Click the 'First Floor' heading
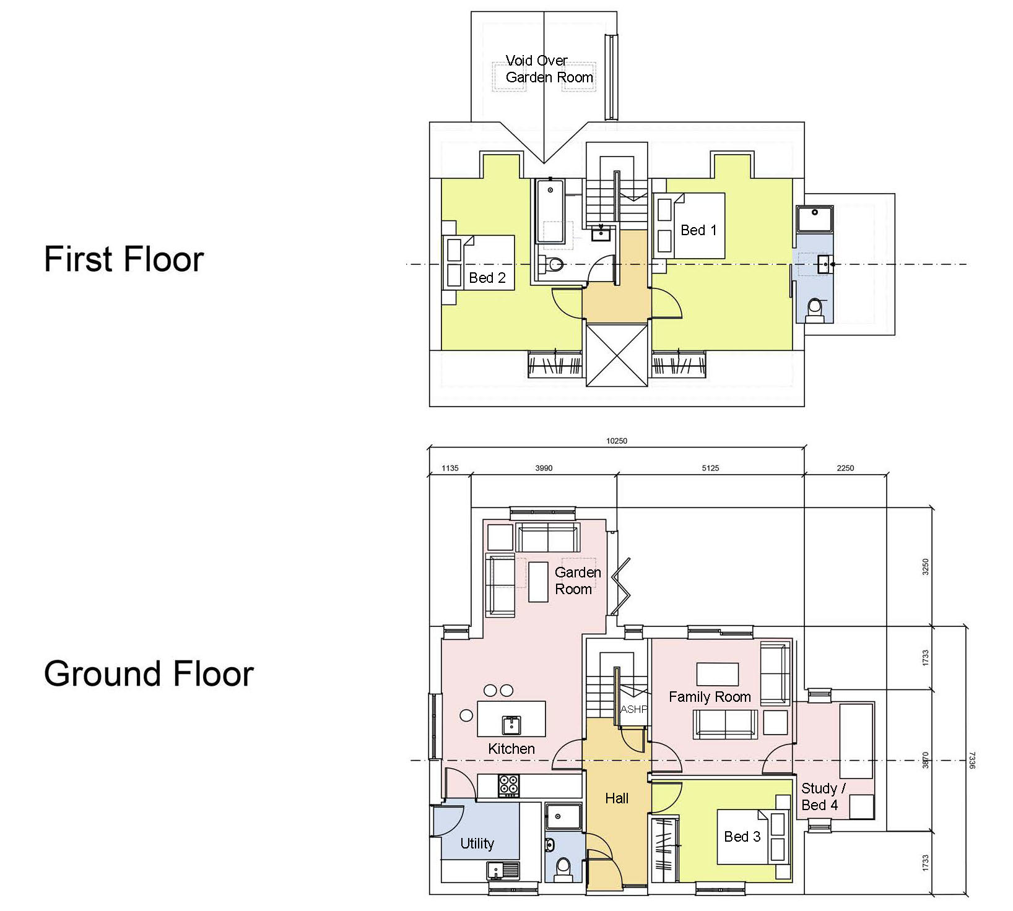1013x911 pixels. [124, 259]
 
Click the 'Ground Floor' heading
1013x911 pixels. [149, 673]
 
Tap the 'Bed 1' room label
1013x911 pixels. [698, 230]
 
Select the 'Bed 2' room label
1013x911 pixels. [487, 278]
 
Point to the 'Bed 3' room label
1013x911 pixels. [742, 837]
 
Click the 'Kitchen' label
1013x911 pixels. [511, 749]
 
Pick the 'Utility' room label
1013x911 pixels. [477, 844]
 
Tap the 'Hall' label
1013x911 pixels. [617, 798]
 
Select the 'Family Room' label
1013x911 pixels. [710, 697]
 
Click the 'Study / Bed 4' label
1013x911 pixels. [823, 797]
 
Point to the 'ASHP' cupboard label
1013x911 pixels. [633, 710]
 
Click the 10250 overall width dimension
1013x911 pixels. [617, 441]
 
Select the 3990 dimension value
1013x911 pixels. [544, 468]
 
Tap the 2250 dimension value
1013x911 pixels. [845, 468]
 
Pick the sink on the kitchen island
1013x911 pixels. [511, 724]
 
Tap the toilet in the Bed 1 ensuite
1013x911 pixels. [815, 309]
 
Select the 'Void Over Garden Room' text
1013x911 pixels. [549, 69]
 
